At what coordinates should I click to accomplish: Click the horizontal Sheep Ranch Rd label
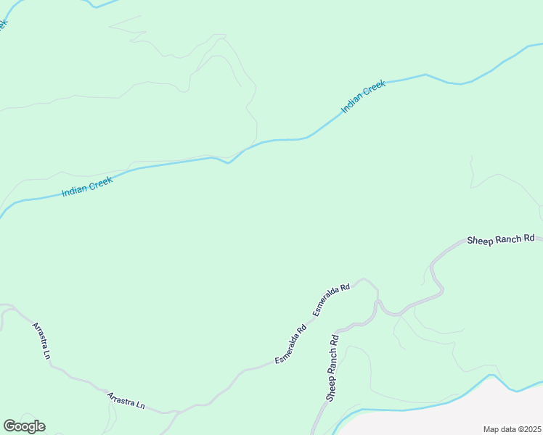500,239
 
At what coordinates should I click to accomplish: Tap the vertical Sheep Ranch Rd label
332,368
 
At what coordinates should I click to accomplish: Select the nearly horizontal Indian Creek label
86,186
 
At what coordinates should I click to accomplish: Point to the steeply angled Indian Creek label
363,96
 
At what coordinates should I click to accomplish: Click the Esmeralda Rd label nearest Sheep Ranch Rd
331,298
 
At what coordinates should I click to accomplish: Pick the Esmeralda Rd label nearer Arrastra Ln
290,344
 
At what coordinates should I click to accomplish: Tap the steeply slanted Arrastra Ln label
41,340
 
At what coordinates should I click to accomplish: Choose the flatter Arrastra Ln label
126,401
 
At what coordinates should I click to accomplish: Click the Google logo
24,426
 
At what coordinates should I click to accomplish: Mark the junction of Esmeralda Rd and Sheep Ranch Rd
377,299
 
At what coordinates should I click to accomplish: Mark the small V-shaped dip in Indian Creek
228,162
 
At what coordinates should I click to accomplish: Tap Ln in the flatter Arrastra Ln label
139,405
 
